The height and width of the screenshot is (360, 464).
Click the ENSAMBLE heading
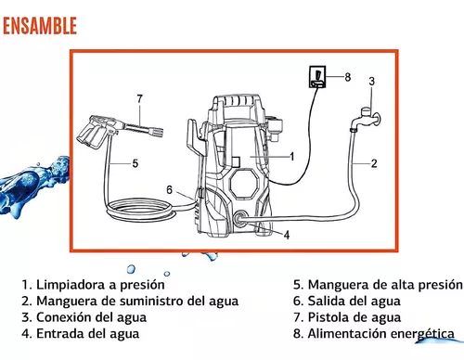[40, 26]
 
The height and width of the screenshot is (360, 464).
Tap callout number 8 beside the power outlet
[348, 77]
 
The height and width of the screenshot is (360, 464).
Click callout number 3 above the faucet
[371, 81]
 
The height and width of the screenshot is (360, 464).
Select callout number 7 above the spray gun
[140, 98]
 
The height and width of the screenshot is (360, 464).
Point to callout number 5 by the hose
[135, 163]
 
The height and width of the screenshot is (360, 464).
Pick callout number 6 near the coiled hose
[169, 189]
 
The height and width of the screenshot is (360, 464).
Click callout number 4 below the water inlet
[287, 235]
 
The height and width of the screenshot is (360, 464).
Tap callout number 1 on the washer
[291, 157]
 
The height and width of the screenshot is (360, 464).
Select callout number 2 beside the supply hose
[374, 163]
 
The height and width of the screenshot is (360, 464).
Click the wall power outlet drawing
[317, 76]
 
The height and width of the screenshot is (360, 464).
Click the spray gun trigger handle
[91, 133]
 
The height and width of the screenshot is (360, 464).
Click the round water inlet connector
[239, 219]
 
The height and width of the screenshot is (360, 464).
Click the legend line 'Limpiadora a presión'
[93, 285]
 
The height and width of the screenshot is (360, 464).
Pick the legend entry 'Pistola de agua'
[347, 317]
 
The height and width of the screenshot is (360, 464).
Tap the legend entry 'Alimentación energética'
[374, 334]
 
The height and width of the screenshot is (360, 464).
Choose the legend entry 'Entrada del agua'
[81, 334]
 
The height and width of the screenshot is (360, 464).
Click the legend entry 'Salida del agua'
[347, 301]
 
